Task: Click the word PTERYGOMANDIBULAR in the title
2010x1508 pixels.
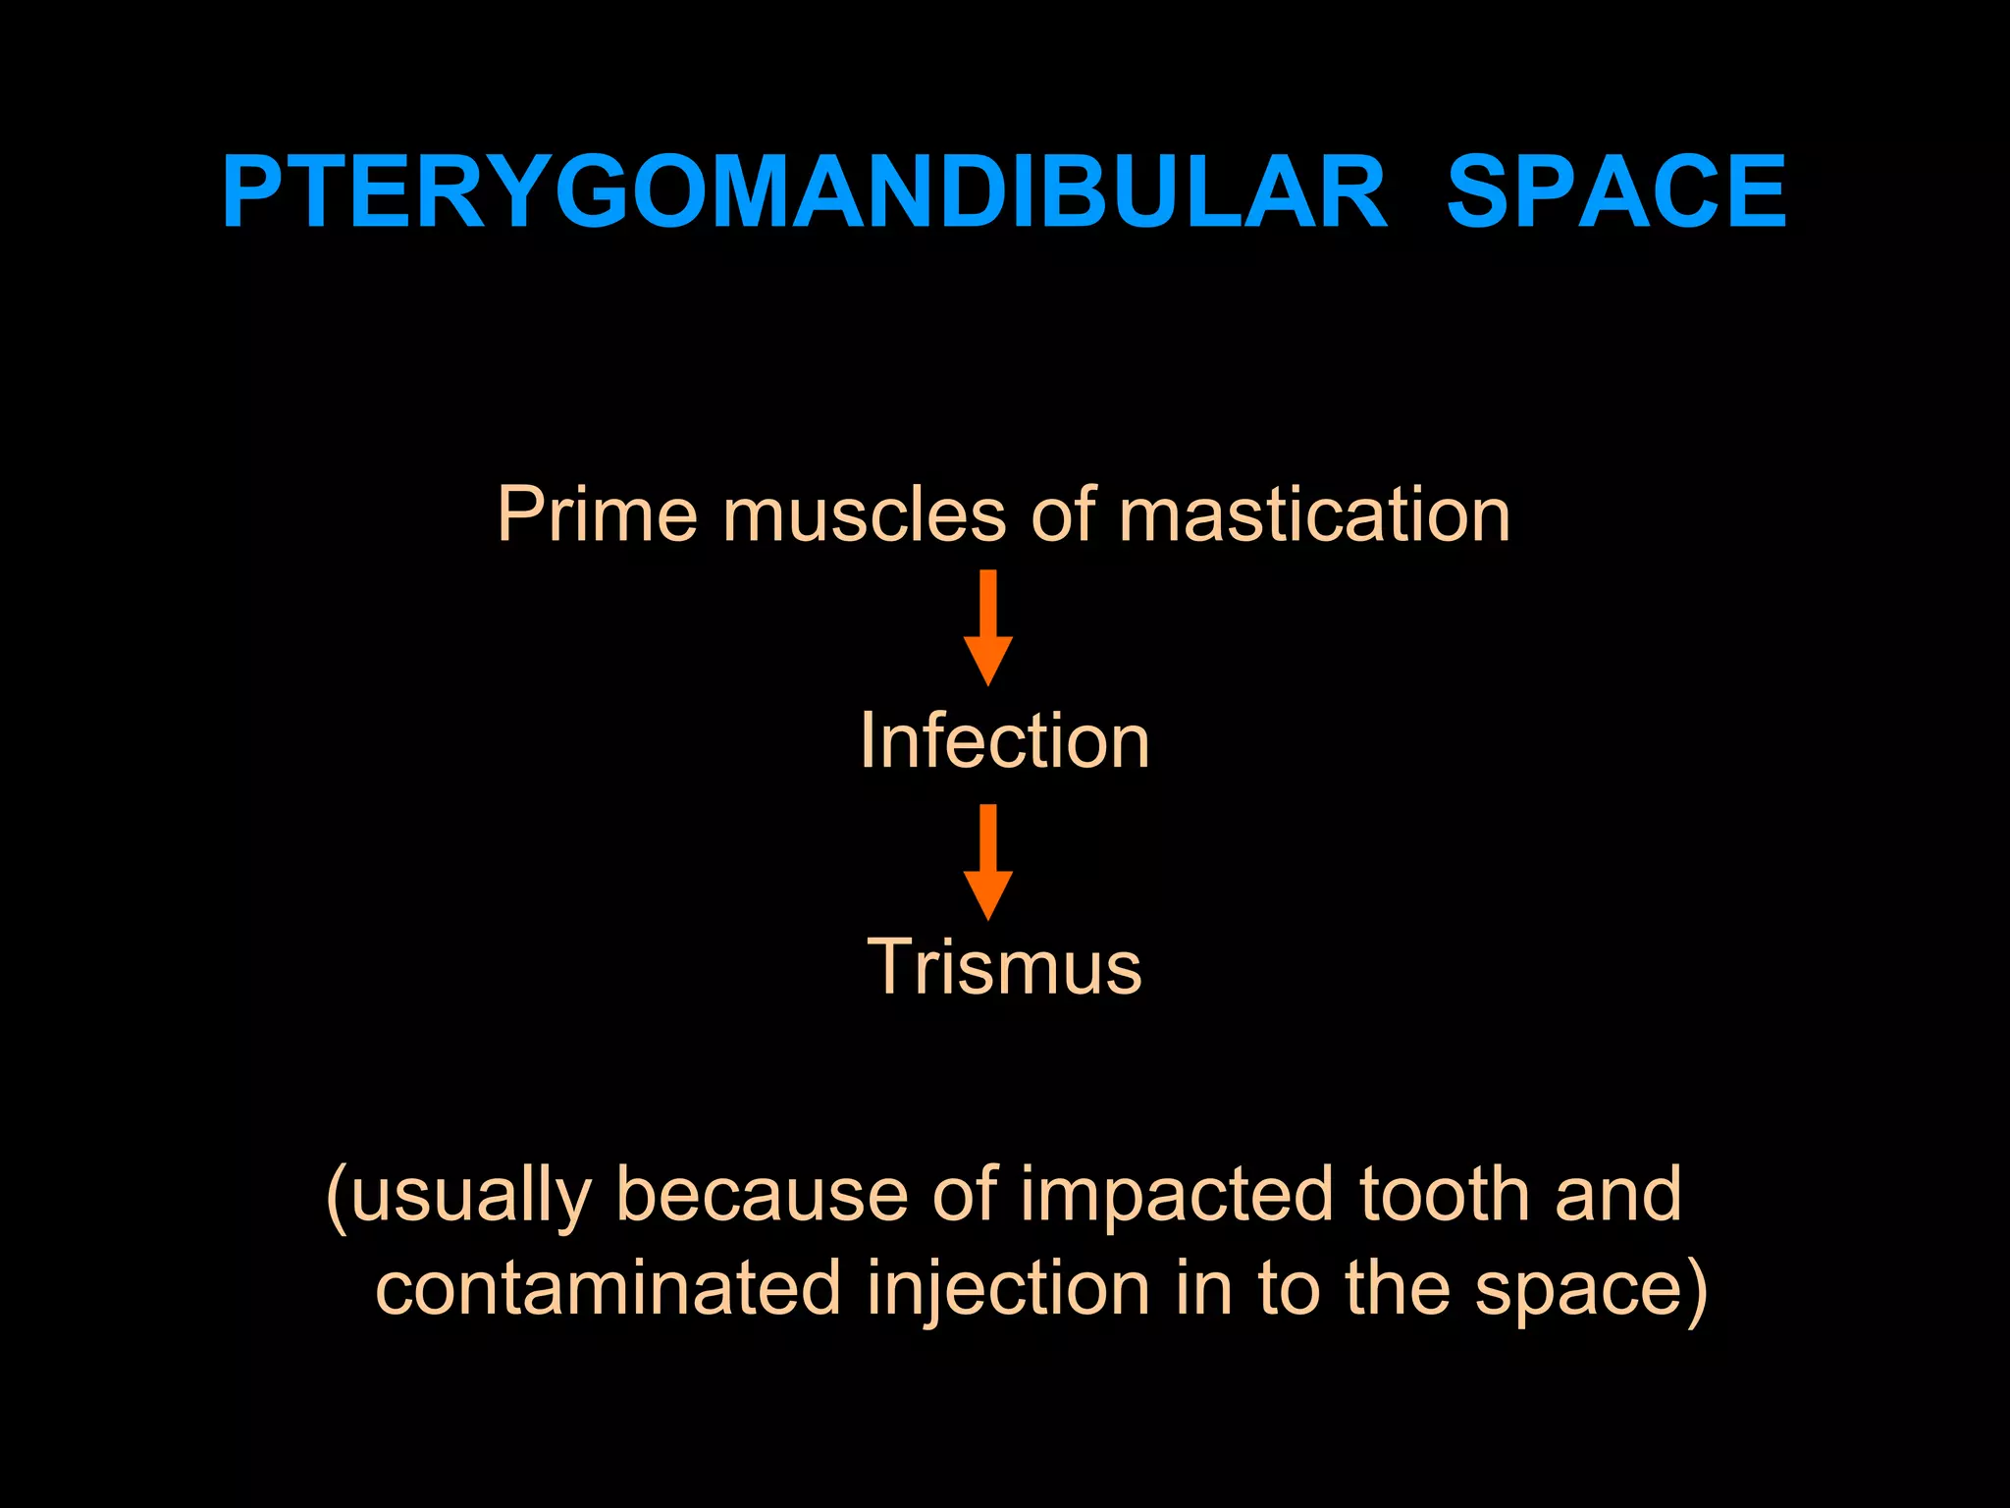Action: click(804, 192)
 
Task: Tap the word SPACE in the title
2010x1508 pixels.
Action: click(1615, 192)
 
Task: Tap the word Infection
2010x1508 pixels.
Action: click(1004, 740)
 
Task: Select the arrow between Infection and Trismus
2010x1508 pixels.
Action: click(988, 861)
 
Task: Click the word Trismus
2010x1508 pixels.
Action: click(1004, 967)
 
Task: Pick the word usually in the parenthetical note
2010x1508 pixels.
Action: click(469, 1196)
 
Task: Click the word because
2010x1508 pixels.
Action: click(762, 1196)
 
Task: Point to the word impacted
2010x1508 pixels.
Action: click(1177, 1196)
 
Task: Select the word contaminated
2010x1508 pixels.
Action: click(608, 1288)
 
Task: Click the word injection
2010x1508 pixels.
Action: click(1008, 1290)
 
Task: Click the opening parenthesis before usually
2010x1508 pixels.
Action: click(337, 1198)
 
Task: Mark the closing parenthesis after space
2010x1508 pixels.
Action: click(1696, 1290)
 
